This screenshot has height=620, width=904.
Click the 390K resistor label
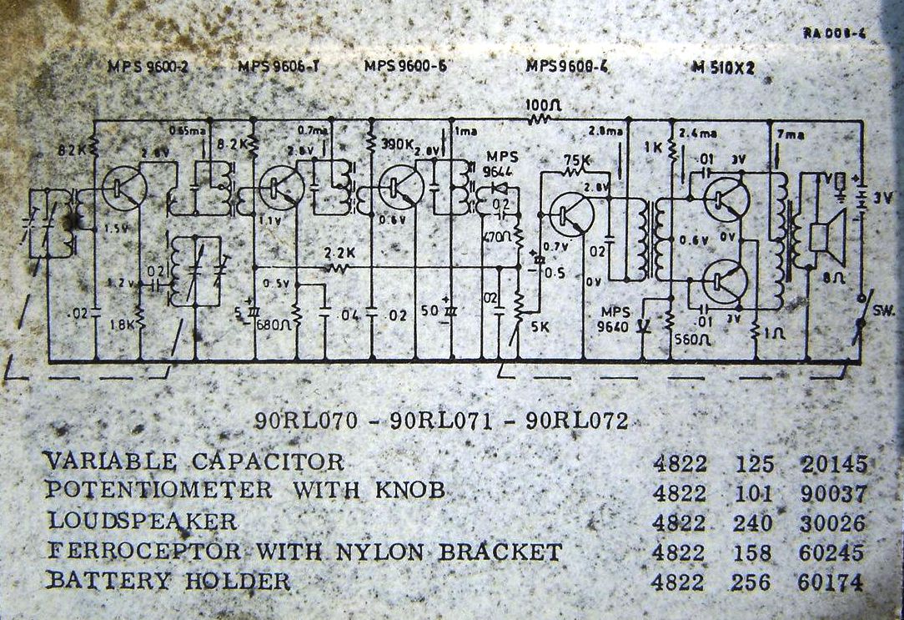coord(397,144)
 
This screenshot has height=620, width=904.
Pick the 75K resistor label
coord(576,159)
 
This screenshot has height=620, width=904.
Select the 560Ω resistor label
coord(693,340)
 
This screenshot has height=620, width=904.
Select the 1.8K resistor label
coord(121,324)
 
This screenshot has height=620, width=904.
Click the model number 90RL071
coord(439,421)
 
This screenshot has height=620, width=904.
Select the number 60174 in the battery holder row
coord(832,582)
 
